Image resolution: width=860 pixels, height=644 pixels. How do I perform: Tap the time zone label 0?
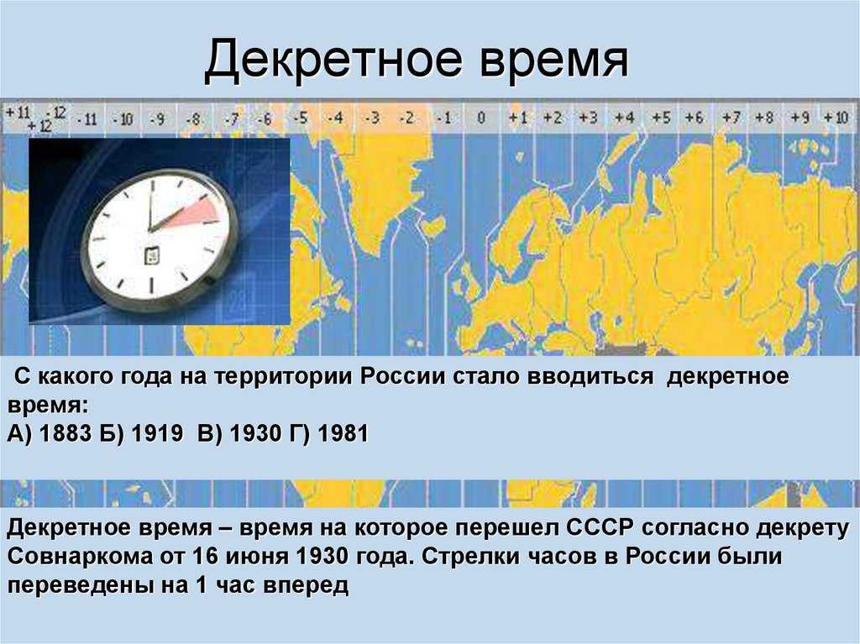point(481,118)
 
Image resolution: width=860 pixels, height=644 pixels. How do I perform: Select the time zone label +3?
point(588,118)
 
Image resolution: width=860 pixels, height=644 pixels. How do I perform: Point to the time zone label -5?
point(300,118)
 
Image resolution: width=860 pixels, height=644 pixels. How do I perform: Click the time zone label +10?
point(836,118)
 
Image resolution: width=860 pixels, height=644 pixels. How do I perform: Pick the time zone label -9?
point(157,118)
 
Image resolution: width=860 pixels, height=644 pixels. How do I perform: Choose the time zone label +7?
point(732,118)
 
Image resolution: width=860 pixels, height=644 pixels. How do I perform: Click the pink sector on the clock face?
point(195,212)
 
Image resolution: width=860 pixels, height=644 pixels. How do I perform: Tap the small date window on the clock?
point(151,256)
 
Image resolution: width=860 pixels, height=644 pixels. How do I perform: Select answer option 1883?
point(66,433)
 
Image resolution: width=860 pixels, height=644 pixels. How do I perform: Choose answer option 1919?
point(157,433)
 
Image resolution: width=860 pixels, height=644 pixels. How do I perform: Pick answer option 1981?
point(343,433)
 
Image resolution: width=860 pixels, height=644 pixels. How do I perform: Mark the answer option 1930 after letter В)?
point(255,433)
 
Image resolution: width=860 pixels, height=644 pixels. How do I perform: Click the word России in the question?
point(402,376)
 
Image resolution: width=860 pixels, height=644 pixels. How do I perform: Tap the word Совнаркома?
point(81,556)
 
